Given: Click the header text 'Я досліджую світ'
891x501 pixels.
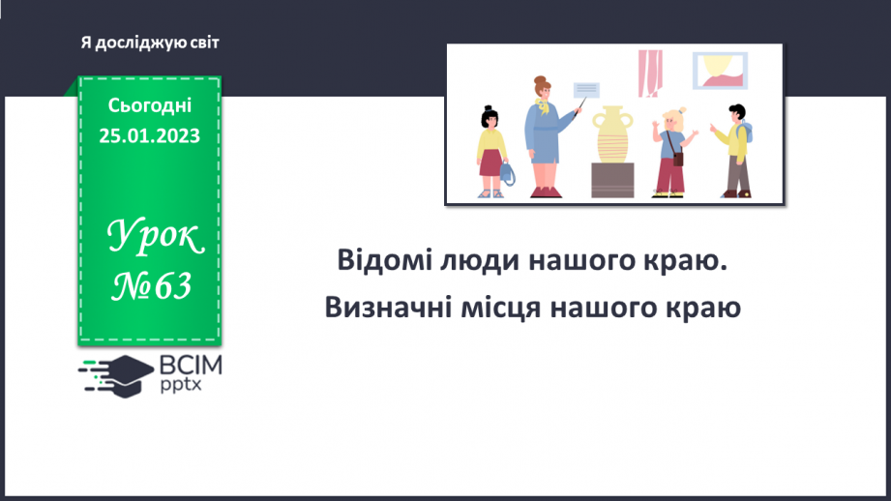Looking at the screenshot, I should tap(150, 43).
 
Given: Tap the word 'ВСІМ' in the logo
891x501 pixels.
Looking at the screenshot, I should tap(193, 365).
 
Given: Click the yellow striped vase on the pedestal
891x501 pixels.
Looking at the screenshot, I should tap(613, 135).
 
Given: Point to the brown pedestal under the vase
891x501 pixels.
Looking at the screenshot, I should tap(613, 180).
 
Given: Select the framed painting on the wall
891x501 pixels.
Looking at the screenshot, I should tap(720, 71).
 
